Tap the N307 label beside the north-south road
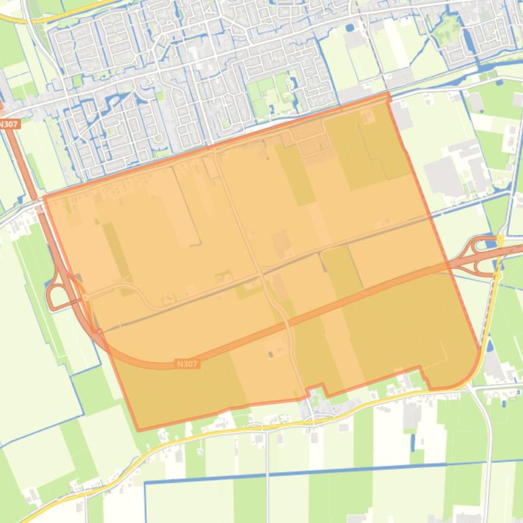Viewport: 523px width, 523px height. pyautogui.click(x=8, y=124)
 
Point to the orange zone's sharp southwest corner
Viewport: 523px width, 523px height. pyautogui.click(x=138, y=429)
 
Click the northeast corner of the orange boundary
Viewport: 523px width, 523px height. pyautogui.click(x=389, y=96)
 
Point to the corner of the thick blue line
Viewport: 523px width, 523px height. pyautogui.click(x=145, y=483)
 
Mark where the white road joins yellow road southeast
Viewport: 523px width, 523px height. pyautogui.click(x=468, y=387)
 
